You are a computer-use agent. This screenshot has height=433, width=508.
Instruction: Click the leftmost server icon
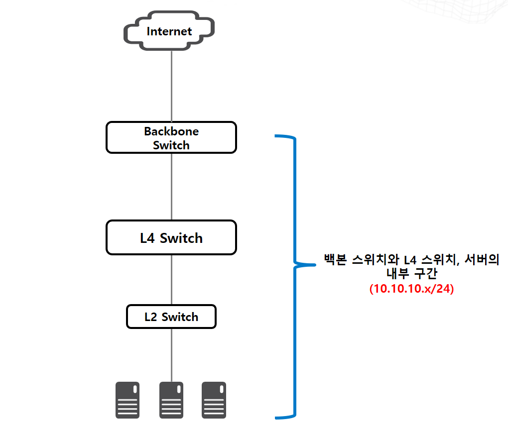[x=127, y=400]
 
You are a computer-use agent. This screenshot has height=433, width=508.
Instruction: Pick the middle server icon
[x=171, y=400]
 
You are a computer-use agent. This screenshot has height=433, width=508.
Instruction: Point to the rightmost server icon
[x=214, y=400]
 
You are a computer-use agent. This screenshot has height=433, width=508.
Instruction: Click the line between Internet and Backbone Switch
[x=171, y=86]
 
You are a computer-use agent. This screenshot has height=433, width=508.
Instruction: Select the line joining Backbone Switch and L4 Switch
[x=171, y=187]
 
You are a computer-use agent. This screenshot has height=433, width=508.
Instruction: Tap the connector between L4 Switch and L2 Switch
[x=171, y=280]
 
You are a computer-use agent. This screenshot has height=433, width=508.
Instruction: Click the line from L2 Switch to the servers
[x=171, y=355]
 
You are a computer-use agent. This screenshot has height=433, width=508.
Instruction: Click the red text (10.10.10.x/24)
[x=411, y=289]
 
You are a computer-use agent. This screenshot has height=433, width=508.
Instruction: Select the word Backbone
[x=171, y=131]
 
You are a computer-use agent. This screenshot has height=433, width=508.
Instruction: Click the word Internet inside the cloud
[x=169, y=31]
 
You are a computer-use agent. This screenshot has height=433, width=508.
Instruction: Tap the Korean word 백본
[x=335, y=259]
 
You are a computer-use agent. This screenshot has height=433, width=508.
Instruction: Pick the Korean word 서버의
[x=482, y=259]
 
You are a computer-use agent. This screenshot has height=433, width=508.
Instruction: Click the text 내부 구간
[x=412, y=274]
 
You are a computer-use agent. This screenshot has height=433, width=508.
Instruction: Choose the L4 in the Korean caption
[x=410, y=260]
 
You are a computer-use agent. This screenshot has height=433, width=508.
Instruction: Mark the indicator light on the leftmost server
[x=135, y=389]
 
